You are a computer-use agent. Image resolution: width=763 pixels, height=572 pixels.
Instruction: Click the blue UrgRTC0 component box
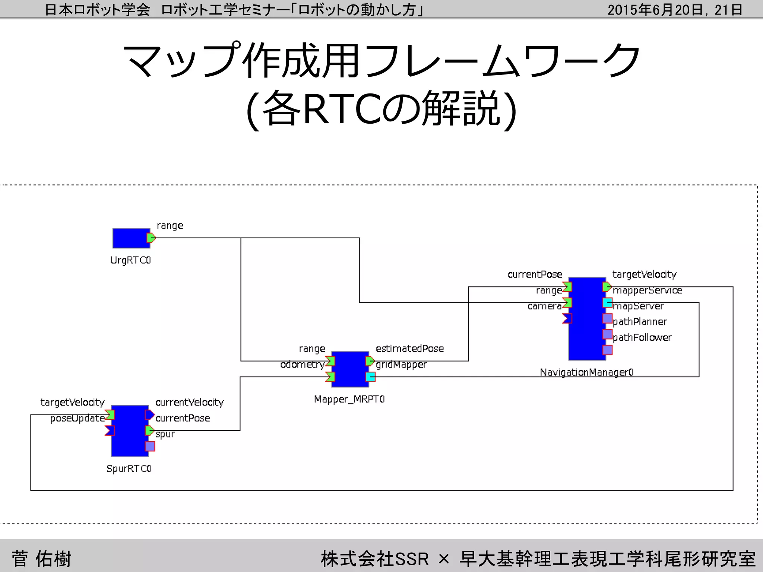[131, 238]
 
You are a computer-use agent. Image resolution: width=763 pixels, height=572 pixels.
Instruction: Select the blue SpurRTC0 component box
[130, 431]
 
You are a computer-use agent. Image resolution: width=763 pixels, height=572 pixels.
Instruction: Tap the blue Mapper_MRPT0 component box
[350, 369]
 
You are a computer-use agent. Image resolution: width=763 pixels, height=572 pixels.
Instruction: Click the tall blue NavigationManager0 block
[587, 319]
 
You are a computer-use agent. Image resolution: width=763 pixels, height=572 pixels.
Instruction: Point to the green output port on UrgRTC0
[151, 238]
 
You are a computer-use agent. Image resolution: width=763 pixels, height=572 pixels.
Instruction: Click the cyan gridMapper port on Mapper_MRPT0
[370, 377]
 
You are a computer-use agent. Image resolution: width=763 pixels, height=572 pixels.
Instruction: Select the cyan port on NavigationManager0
[607, 303]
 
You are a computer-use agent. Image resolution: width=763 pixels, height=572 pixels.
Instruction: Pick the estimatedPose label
[409, 349]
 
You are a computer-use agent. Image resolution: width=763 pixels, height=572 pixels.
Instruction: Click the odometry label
[302, 365]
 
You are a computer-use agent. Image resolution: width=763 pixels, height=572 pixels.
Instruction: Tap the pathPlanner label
[640, 322]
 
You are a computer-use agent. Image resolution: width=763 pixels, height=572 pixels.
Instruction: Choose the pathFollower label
[642, 338]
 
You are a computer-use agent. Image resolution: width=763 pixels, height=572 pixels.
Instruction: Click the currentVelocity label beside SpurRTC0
[189, 403]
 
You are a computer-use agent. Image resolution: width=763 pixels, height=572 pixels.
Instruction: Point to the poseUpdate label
[77, 419]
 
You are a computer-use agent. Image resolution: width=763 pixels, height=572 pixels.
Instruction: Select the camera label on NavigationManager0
[544, 306]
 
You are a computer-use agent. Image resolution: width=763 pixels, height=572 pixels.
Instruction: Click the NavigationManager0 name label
[586, 372]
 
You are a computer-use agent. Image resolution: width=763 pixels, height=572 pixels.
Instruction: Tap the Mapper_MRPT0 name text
[349, 399]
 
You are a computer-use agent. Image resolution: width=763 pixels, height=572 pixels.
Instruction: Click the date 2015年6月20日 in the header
[655, 10]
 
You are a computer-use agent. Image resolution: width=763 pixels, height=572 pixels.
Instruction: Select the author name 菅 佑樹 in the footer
[41, 559]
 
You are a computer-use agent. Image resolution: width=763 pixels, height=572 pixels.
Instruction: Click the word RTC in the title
[342, 109]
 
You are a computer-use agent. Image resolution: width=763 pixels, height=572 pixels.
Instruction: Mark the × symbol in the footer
[444, 559]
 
